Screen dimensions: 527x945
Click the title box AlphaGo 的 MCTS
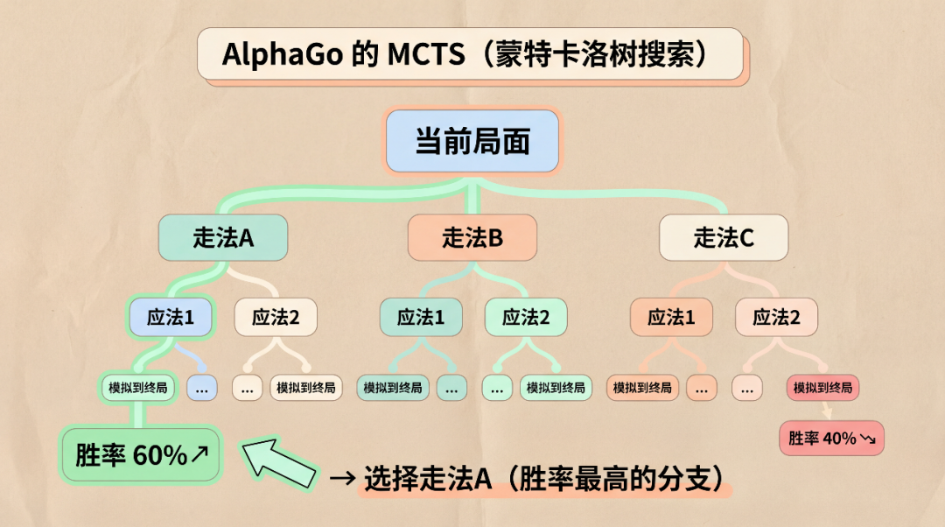pos(470,54)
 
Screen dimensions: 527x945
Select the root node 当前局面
pos(472,141)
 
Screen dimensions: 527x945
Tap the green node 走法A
pos(223,237)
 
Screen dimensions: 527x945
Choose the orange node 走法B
pos(472,237)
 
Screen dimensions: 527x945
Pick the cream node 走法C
pos(724,237)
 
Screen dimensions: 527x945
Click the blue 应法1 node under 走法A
pos(171,317)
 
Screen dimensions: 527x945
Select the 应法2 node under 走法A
pos(276,317)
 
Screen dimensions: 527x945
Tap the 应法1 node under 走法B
pos(421,317)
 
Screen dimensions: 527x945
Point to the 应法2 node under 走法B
pos(526,317)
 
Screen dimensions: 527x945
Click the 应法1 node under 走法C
pos(671,317)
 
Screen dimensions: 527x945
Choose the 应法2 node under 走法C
pos(776,317)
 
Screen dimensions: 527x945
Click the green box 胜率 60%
pos(140,455)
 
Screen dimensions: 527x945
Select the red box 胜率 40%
pos(831,438)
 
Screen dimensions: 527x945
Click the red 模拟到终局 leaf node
pos(823,387)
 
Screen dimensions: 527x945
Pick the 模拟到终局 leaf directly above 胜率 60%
pos(138,387)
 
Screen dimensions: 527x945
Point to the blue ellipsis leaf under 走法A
pos(202,387)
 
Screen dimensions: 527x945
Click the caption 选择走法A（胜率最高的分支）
pos(542,478)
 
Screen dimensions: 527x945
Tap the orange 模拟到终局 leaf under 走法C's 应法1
pos(643,387)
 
